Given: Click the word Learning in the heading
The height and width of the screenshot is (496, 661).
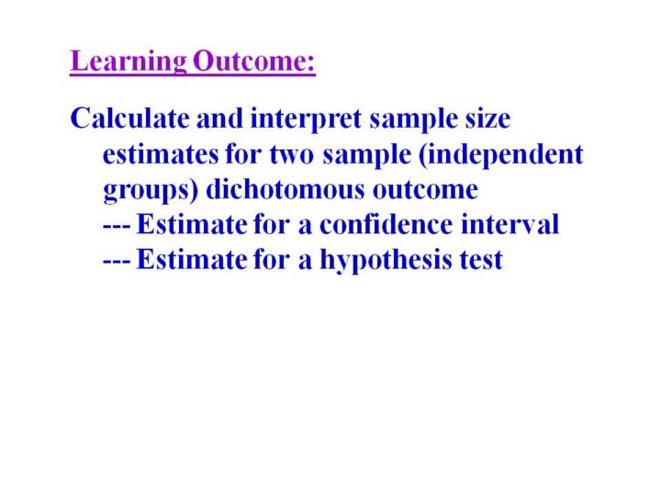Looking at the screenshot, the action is [x=129, y=62].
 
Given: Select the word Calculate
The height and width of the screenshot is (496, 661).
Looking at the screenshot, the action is [x=129, y=118].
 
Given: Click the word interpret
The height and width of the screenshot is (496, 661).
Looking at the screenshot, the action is [x=306, y=119].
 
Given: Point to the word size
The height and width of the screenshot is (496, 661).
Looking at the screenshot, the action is [x=487, y=118].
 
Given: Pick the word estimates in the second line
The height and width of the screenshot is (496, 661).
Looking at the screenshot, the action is [x=161, y=155].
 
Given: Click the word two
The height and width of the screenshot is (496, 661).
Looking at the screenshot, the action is [x=292, y=155].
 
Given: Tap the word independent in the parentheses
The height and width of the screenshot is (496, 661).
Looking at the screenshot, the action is [x=505, y=155].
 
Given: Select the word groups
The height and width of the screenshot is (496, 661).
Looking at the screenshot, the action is [x=146, y=191].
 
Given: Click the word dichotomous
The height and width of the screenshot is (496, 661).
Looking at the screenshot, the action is [x=285, y=189].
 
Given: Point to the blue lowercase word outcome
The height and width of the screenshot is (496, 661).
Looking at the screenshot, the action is [x=425, y=190].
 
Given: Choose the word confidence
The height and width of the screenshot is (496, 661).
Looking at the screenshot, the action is [x=386, y=224].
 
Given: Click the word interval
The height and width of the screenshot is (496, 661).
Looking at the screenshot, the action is [x=510, y=224].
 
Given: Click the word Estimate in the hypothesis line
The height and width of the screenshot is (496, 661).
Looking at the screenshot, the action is [x=191, y=259].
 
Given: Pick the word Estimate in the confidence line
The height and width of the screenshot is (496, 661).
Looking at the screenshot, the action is [x=191, y=224].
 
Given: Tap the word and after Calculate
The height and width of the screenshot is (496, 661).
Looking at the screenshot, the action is [x=219, y=118].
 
